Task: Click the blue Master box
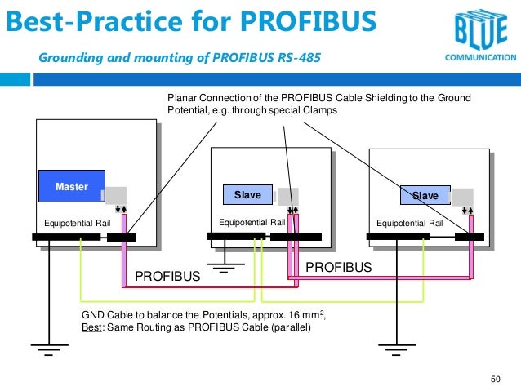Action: click(72, 187)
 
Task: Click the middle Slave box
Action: click(247, 195)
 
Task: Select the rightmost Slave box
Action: click(425, 196)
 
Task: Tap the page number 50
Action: click(495, 379)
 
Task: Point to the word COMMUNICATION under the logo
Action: click(479, 59)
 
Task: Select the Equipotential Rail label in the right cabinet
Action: click(408, 222)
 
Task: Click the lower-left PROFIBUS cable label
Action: click(167, 278)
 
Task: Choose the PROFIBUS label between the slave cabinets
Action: click(338, 267)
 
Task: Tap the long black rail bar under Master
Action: click(66, 238)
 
